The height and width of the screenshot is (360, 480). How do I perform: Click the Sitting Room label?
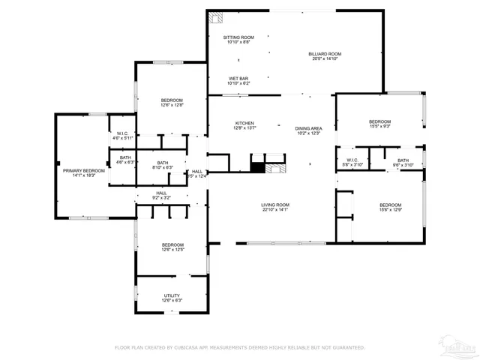point(238,37)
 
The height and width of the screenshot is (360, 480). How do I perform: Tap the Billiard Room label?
point(325,54)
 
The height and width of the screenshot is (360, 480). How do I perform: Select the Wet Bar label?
point(238,79)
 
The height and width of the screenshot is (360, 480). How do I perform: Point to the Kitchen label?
point(245,123)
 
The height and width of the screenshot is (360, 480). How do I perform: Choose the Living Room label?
point(275,205)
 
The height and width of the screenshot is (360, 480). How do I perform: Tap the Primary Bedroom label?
point(83,170)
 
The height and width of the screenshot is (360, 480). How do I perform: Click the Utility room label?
point(172,295)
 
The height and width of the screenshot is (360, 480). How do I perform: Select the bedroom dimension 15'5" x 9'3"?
point(379,127)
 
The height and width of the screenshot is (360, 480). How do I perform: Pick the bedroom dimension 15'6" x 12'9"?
point(390,211)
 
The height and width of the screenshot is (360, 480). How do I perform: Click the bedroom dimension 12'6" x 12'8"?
point(172,105)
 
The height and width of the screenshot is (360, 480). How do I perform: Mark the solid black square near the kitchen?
point(257,168)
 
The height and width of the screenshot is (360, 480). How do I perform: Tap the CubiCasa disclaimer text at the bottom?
point(239,347)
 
